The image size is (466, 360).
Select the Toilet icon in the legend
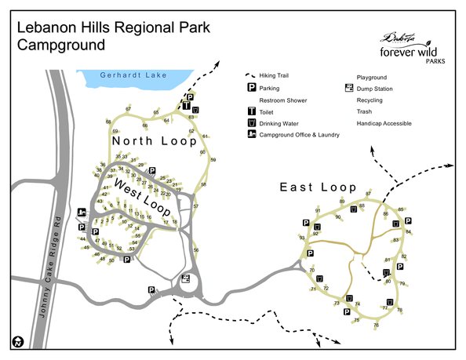tap(253, 112)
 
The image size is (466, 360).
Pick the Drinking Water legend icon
tap(253, 123)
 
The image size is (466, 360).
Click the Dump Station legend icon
tap(348, 89)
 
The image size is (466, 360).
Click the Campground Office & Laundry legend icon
tap(252, 134)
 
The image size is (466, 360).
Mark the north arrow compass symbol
tap(16, 342)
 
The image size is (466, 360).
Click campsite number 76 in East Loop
tap(376, 325)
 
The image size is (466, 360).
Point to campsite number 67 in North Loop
tap(129, 108)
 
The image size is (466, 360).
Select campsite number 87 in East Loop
tap(369, 193)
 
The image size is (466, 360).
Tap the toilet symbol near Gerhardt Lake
tap(186, 105)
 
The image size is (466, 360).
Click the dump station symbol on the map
tap(186, 278)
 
